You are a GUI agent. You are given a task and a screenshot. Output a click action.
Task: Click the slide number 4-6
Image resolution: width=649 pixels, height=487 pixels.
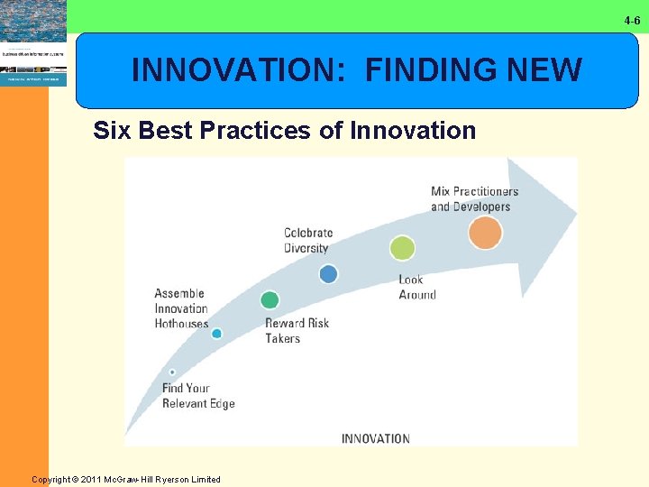point(631,20)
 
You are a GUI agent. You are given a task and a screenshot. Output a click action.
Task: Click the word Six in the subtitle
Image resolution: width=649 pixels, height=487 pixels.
point(112,131)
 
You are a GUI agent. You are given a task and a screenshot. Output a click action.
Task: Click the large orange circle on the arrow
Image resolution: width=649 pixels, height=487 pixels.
point(485,234)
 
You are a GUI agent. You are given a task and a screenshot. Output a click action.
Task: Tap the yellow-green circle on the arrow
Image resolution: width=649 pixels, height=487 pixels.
point(402,248)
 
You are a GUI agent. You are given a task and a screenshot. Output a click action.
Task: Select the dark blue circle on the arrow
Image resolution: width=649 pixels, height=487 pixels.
point(328,273)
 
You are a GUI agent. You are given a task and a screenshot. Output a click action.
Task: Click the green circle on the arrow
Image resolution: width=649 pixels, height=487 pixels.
point(269,300)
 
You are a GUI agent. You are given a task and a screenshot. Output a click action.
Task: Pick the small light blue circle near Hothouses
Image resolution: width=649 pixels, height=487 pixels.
point(216,334)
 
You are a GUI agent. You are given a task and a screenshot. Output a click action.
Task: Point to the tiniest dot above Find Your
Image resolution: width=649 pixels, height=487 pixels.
point(172,372)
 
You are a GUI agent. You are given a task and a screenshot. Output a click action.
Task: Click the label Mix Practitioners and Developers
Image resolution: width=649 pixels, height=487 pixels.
point(474,198)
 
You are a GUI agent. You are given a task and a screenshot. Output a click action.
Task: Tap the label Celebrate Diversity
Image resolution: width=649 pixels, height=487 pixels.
point(308,241)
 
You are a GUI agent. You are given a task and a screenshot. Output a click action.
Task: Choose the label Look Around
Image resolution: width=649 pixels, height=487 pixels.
point(416,287)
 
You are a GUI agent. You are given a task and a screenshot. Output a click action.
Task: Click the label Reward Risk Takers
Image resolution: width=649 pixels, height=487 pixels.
point(297,331)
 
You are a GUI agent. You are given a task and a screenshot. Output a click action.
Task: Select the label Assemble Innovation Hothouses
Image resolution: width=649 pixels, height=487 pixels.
point(181,308)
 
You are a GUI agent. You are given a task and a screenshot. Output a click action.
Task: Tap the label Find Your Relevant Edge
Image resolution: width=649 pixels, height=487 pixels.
point(197,396)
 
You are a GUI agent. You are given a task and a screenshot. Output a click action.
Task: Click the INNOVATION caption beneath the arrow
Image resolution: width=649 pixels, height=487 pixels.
point(375,439)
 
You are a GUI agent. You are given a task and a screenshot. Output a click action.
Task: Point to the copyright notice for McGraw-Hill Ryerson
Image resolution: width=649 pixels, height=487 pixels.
point(126,479)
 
